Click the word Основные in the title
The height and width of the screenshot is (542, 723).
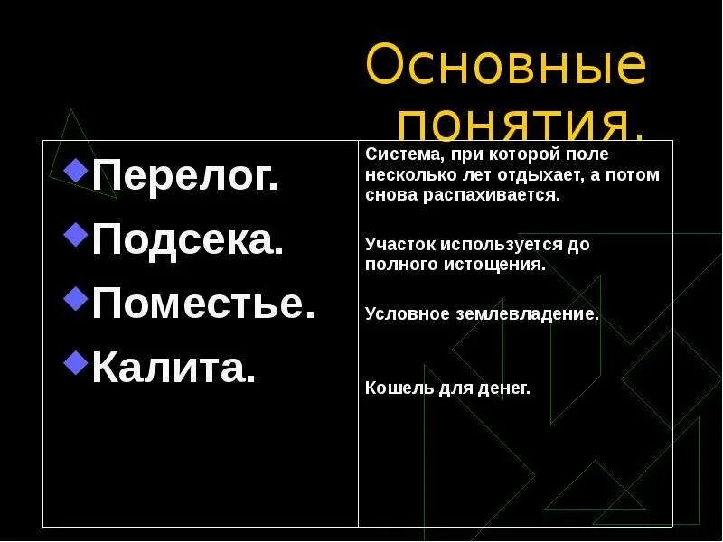pyautogui.click(x=506, y=66)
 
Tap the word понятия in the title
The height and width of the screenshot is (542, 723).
pyautogui.click(x=521, y=121)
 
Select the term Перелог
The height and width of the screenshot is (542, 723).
pyautogui.click(x=185, y=177)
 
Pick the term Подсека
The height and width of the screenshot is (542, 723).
pyautogui.click(x=188, y=241)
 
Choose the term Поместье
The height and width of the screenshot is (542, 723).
pyautogui.click(x=204, y=304)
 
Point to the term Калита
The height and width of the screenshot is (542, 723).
pyautogui.click(x=174, y=368)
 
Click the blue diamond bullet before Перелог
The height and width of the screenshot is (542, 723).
pyautogui.click(x=78, y=168)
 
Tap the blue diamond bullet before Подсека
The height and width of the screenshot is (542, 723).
pyautogui.click(x=78, y=234)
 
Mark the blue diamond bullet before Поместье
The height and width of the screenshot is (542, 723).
pyautogui.click(x=78, y=297)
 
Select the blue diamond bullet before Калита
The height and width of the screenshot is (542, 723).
pyautogui.click(x=78, y=360)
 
